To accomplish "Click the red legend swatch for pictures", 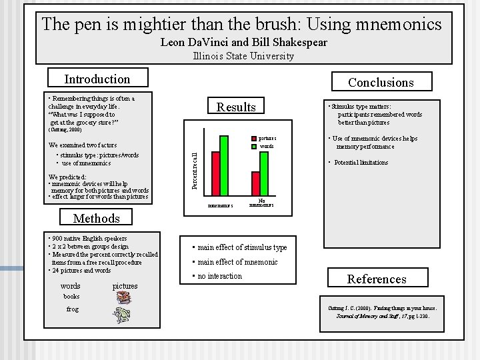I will (253, 139).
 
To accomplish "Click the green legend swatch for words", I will (253, 146).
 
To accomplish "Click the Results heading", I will (237, 107).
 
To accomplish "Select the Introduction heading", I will (97, 79).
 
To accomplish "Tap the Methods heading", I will (97, 218).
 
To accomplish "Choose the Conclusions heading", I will (381, 82).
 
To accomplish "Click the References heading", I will (377, 279).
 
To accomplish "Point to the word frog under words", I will (73, 309).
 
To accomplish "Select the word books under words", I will (71, 296).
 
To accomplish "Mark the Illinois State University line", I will (243, 56).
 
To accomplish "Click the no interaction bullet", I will (217, 276).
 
